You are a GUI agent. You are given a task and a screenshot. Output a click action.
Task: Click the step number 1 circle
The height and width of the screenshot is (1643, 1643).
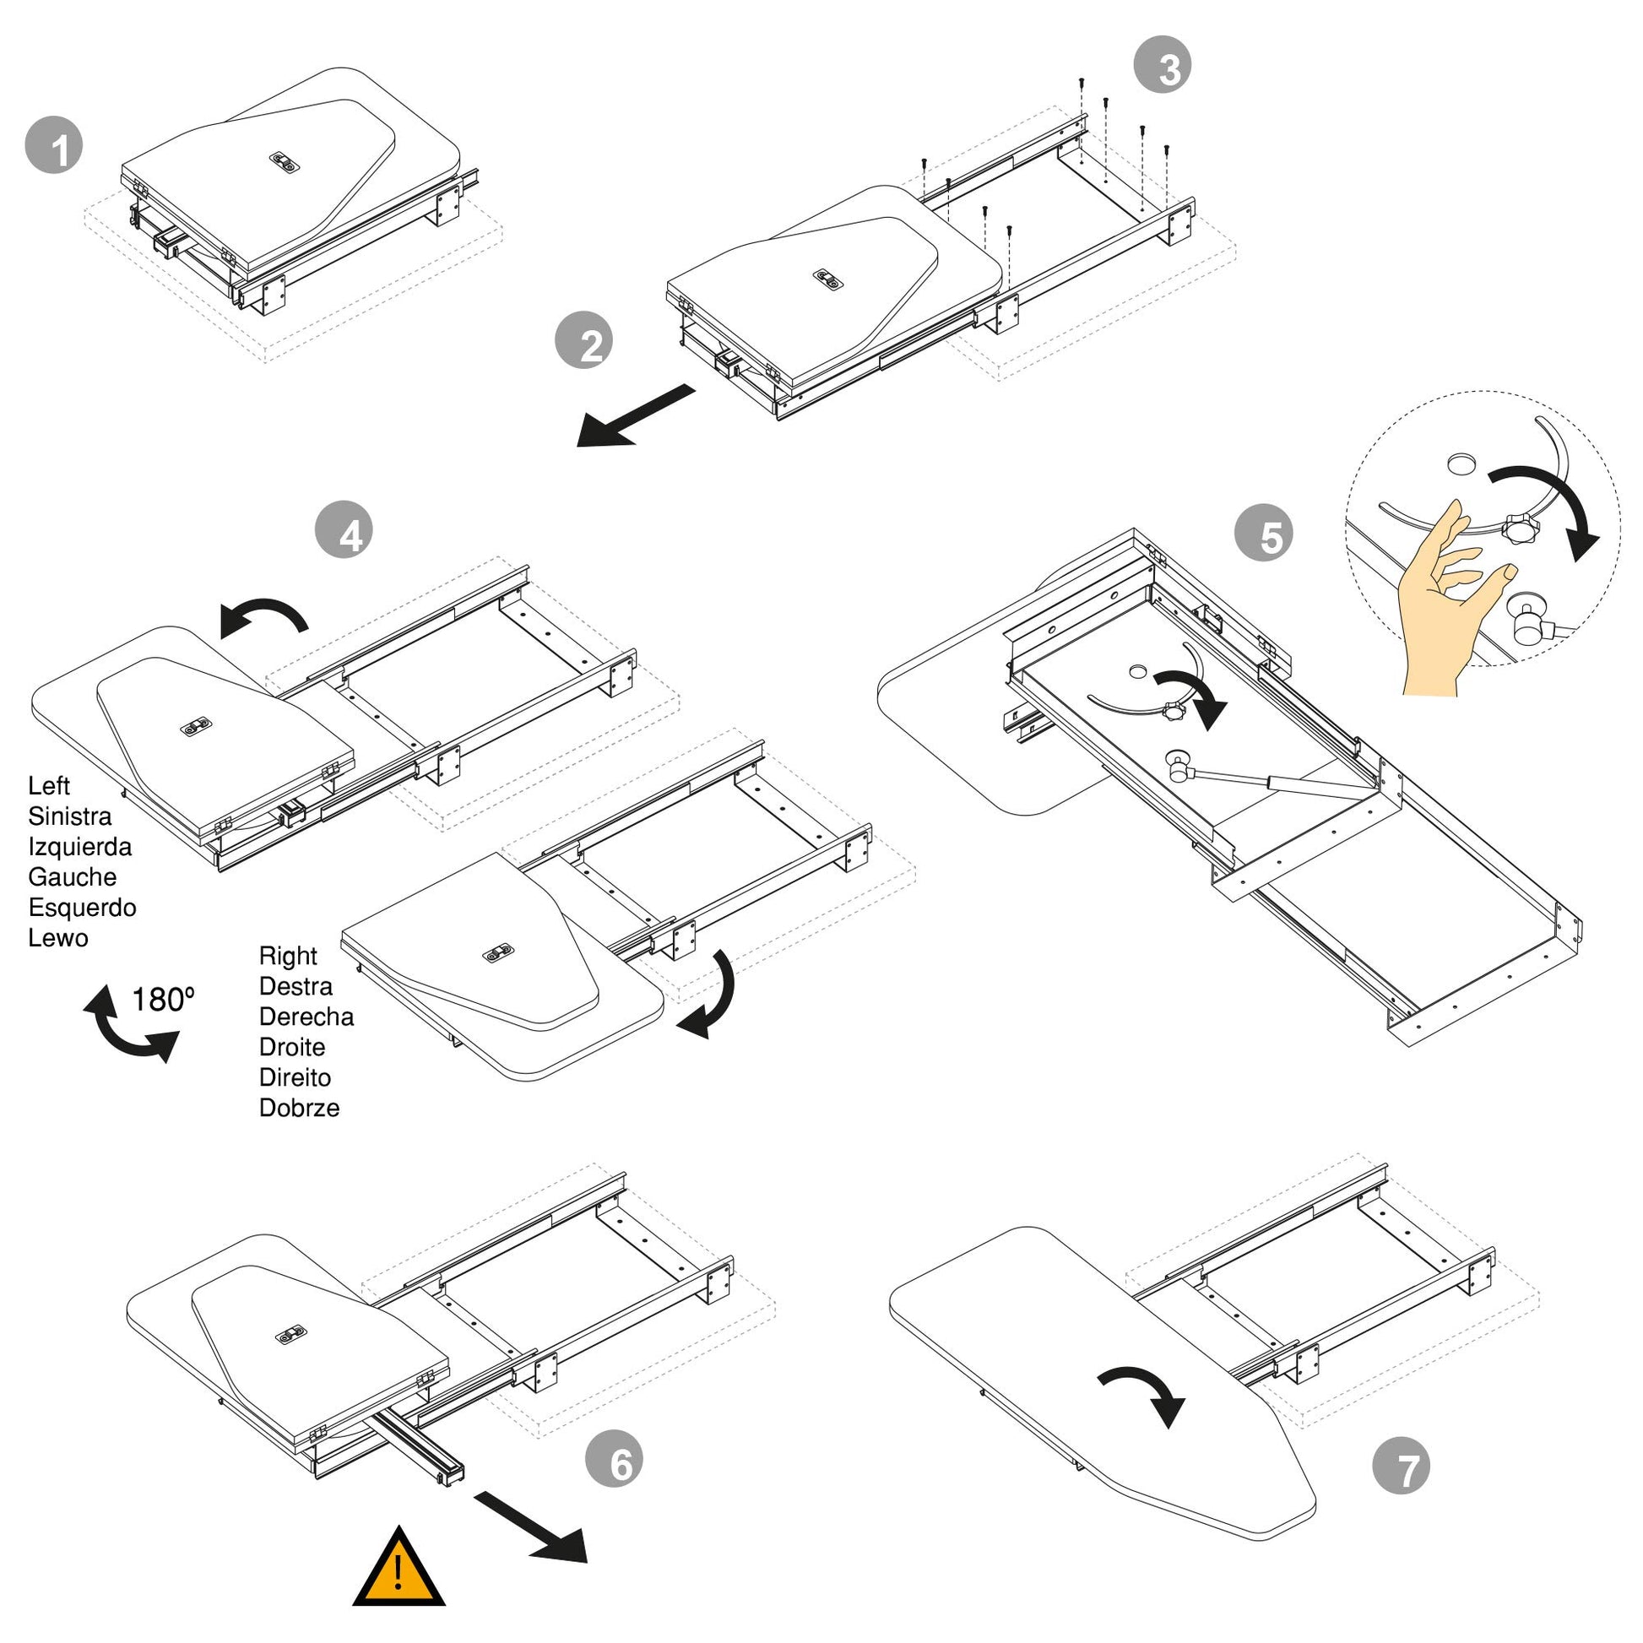click(54, 145)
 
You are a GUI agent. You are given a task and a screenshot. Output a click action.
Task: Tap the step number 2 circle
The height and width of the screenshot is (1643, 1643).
click(584, 341)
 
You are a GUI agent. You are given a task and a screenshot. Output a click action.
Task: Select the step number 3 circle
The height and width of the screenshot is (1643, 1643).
click(1163, 65)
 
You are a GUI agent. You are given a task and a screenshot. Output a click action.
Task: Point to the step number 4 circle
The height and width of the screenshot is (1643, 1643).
click(344, 530)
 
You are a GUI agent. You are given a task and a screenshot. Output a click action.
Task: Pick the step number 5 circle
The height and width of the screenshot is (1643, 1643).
click(1264, 534)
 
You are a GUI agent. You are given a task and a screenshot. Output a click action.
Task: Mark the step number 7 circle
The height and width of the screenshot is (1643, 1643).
click(1402, 1465)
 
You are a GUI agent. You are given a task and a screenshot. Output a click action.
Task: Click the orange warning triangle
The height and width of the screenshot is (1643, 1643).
click(399, 1566)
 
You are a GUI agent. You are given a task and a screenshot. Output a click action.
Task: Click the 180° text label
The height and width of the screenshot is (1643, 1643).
click(162, 1000)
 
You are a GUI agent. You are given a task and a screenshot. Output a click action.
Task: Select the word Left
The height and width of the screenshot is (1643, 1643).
click(48, 786)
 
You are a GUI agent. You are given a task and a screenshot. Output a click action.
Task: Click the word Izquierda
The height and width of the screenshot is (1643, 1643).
click(80, 847)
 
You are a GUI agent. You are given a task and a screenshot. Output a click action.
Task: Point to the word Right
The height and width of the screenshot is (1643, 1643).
click(288, 957)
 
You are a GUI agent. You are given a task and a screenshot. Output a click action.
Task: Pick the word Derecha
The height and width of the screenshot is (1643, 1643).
click(306, 1017)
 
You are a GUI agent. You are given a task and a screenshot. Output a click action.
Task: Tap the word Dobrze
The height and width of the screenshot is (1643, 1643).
click(300, 1108)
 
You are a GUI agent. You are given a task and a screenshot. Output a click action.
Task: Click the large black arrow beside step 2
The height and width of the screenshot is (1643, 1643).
click(635, 416)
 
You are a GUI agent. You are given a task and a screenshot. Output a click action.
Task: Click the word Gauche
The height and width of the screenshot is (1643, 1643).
click(73, 876)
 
